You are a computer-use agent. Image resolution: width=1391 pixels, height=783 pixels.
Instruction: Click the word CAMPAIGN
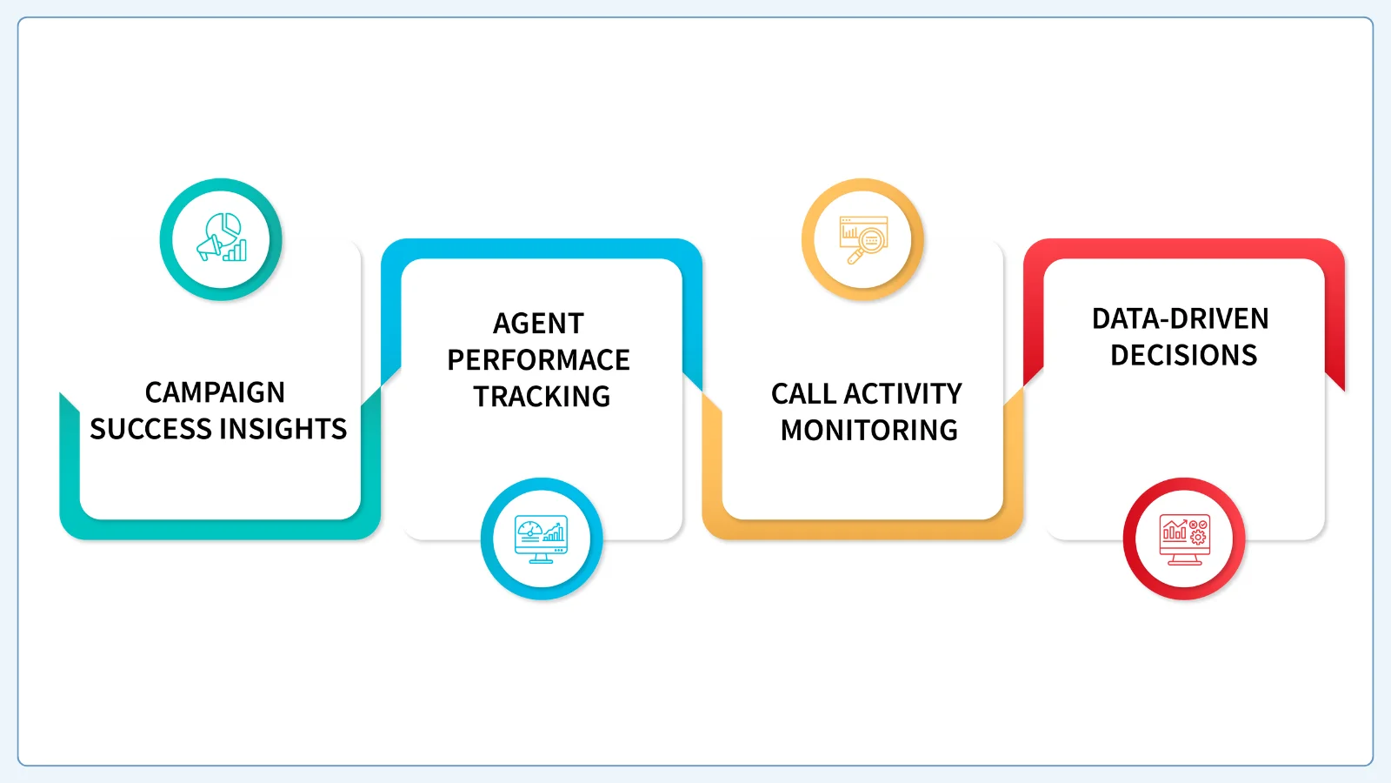(x=215, y=392)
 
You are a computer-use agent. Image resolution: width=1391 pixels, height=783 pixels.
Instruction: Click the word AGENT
(x=538, y=323)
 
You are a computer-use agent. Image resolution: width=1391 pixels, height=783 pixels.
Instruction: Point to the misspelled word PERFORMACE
(x=538, y=360)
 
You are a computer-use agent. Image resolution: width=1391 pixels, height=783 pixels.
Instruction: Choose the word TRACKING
(x=542, y=397)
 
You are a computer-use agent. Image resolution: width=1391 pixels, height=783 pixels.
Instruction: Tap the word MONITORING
(x=869, y=430)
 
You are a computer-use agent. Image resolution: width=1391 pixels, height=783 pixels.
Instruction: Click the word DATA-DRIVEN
(x=1181, y=318)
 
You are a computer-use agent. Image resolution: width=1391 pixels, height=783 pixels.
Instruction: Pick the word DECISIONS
(x=1183, y=355)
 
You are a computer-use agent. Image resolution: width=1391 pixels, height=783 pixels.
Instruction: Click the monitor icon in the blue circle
(x=541, y=539)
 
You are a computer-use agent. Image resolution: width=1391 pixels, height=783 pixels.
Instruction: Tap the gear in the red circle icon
(x=1198, y=536)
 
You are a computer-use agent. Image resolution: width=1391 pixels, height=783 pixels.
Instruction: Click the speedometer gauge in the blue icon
(x=529, y=530)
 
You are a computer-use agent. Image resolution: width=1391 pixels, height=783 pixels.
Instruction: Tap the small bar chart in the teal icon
(x=236, y=251)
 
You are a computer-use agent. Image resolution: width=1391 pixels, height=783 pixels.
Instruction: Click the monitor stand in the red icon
(x=1184, y=560)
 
